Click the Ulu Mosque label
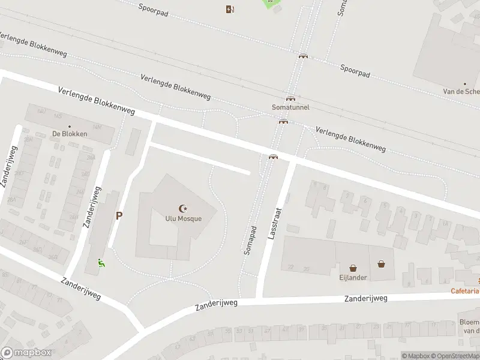(183, 218)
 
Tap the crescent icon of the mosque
(183, 208)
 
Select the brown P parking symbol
(119, 216)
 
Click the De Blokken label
(70, 134)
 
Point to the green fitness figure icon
(101, 262)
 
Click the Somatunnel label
(290, 107)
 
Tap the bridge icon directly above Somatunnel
(290, 98)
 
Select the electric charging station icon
(229, 9)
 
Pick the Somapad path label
(251, 240)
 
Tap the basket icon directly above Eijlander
(353, 268)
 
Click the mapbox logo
(26, 353)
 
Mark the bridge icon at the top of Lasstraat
(273, 157)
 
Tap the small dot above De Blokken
(70, 127)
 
